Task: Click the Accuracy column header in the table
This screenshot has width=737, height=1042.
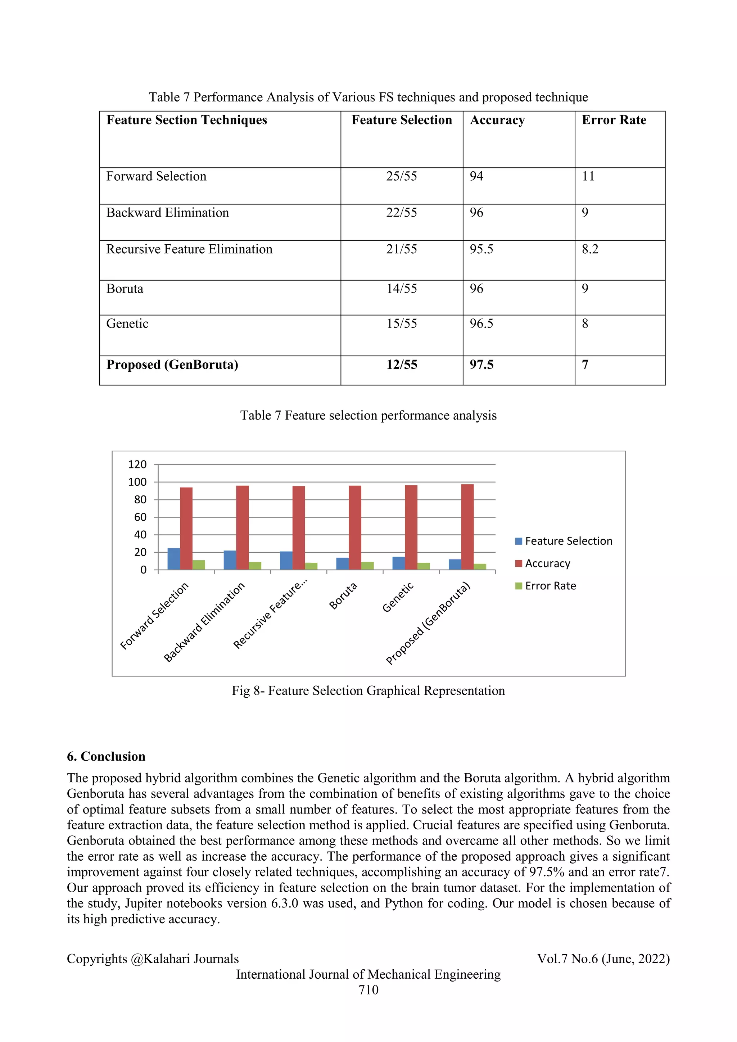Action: pyautogui.click(x=497, y=120)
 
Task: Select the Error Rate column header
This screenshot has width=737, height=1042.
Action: pyautogui.click(x=614, y=120)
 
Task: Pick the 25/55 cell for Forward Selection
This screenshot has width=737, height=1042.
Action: pyautogui.click(x=401, y=177)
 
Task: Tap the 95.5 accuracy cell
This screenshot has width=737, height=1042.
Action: pyautogui.click(x=481, y=249)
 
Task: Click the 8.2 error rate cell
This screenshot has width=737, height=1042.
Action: pyautogui.click(x=590, y=249)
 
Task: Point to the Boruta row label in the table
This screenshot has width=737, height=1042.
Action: pyautogui.click(x=125, y=289)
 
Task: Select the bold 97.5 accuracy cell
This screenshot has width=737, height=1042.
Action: pyautogui.click(x=481, y=365)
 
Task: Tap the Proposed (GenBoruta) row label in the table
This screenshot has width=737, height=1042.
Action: pyautogui.click(x=172, y=365)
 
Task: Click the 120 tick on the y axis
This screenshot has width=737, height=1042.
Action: pyautogui.click(x=137, y=464)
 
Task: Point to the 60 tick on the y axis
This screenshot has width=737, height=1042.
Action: pyautogui.click(x=140, y=517)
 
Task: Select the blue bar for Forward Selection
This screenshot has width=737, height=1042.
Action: pyautogui.click(x=173, y=559)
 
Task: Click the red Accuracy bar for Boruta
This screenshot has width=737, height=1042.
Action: pyautogui.click(x=355, y=527)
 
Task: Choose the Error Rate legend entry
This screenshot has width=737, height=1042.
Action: pyautogui.click(x=546, y=586)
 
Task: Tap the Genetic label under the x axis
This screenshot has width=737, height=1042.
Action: pyautogui.click(x=398, y=597)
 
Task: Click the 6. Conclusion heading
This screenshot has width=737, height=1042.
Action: pyautogui.click(x=106, y=757)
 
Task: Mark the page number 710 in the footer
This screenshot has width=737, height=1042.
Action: pyautogui.click(x=368, y=990)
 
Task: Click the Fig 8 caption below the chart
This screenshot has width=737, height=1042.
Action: pyautogui.click(x=368, y=691)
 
